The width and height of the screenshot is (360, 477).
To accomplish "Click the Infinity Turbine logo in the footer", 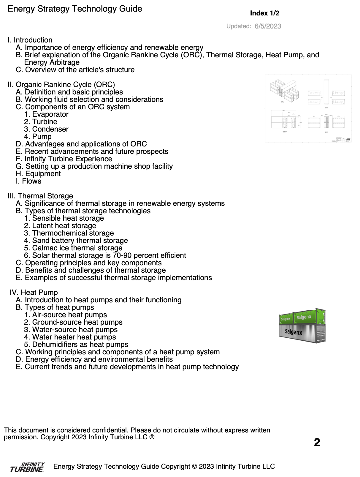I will click(x=27, y=467).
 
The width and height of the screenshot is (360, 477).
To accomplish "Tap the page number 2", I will click(x=317, y=442).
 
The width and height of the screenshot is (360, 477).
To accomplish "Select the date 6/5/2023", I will click(x=268, y=26).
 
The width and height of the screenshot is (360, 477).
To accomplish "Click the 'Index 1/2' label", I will click(x=264, y=13).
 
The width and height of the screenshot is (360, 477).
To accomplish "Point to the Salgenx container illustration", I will click(x=302, y=326).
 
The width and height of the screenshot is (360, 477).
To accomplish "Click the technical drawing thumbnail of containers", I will click(x=308, y=108).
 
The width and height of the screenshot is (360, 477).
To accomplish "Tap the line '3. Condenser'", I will click(x=46, y=129).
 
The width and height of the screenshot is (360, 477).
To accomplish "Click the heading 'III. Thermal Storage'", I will click(x=40, y=196).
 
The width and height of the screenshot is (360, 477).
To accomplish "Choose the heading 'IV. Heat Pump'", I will click(x=34, y=293).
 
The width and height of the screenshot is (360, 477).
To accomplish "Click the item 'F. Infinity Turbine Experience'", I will click(x=64, y=159).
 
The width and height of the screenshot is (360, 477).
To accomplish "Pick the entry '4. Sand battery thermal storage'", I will click(x=76, y=241).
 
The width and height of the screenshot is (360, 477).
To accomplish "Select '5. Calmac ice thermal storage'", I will click(x=73, y=248).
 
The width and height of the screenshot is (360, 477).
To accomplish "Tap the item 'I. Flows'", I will click(x=29, y=181).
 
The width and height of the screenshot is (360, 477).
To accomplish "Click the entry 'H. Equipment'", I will click(x=38, y=174).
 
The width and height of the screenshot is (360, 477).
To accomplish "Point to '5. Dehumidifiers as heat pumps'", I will click(x=76, y=345).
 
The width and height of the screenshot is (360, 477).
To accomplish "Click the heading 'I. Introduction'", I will click(x=30, y=40).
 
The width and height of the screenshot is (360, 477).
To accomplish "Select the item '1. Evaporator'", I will click(x=46, y=114).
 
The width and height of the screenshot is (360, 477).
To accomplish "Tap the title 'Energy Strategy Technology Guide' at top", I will click(x=75, y=9).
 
